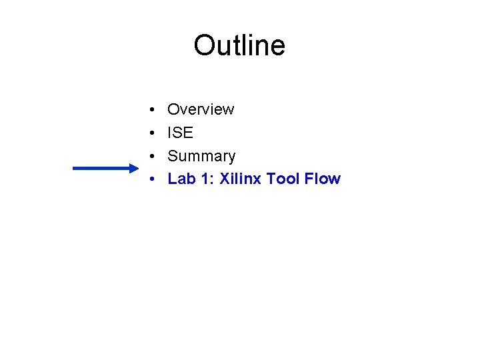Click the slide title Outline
pyautogui.click(x=239, y=45)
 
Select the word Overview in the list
pyautogui.click(x=201, y=109)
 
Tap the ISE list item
pyautogui.click(x=180, y=133)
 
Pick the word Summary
pyautogui.click(x=201, y=156)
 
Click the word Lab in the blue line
pyautogui.click(x=181, y=179)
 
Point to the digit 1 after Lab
pyautogui.click(x=207, y=179)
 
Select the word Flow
pyautogui.click(x=323, y=179)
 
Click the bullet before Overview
pyautogui.click(x=153, y=109)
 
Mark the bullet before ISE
pyautogui.click(x=153, y=133)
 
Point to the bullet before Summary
pyautogui.click(x=153, y=156)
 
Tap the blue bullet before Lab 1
pyautogui.click(x=153, y=179)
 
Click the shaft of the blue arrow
pyautogui.click(x=100, y=169)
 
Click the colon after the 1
pyautogui.click(x=213, y=179)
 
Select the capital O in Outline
pyautogui.click(x=204, y=45)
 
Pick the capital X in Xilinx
pyautogui.click(x=225, y=179)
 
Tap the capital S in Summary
pyautogui.click(x=173, y=156)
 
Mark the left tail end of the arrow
pyautogui.click(x=74, y=169)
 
